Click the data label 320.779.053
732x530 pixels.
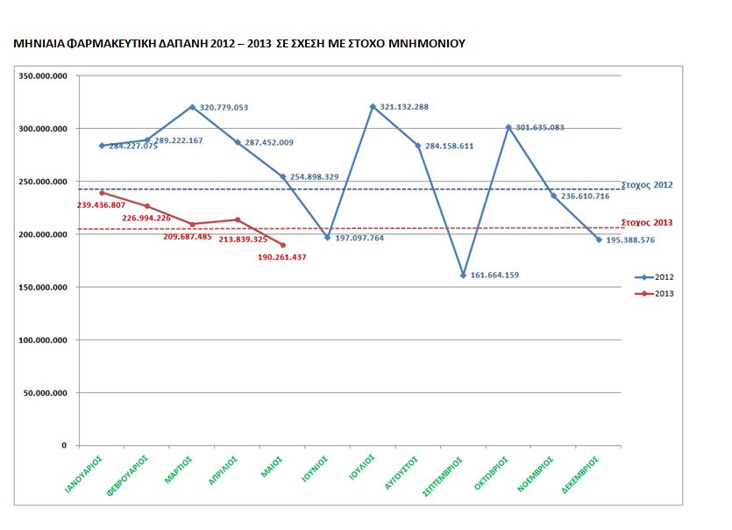pos(224,108)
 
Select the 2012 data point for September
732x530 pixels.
pos(463,275)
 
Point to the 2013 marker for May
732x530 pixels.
pos(282,245)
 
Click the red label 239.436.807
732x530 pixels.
pos(103,204)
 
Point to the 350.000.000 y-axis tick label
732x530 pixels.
pos(44,76)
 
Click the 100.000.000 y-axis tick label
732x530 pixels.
pos(44,340)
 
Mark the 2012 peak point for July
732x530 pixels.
pos(373,106)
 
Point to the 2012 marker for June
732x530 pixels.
pos(328,237)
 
